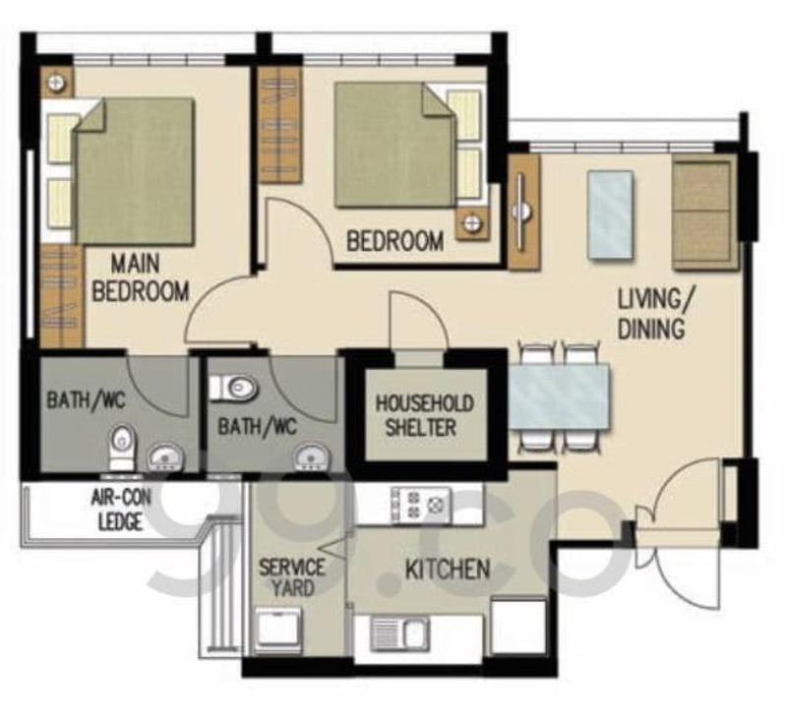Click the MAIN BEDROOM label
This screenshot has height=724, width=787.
coord(148,278)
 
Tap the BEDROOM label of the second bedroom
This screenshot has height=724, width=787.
coord(394,241)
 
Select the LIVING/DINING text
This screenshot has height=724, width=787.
coord(650,313)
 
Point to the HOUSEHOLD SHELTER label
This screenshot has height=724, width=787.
coord(424,415)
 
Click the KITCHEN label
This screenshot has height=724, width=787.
coord(449,570)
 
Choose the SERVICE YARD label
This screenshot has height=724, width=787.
coord(292,577)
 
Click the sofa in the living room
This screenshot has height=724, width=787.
coord(704,211)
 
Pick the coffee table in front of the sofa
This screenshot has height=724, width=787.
coord(610,215)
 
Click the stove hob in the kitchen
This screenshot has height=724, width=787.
coord(420,505)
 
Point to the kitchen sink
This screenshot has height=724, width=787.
coord(399,633)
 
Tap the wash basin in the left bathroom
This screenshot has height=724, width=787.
coord(162,457)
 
